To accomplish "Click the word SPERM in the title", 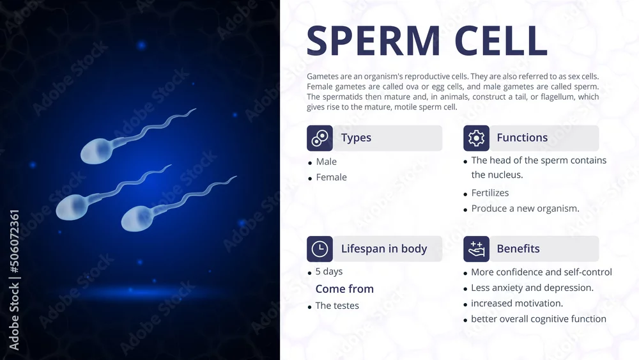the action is point(373,40).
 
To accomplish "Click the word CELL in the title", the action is point(501,40).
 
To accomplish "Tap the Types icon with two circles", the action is point(320,138).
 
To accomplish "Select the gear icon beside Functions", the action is point(476,138).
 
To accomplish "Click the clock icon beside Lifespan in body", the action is point(320,249).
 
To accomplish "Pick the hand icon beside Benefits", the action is point(476,249).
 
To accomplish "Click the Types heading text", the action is point(356,138).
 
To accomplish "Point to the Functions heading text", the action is point(522,138).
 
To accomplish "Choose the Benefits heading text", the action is point(518,249).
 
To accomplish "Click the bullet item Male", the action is point(327,162).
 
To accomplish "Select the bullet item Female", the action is point(331,177).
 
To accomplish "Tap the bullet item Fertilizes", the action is point(490,193).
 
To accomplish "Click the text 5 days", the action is point(329,272).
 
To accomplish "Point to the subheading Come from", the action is point(344,289).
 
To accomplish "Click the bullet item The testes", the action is point(337,306).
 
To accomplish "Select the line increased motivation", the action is point(517,303).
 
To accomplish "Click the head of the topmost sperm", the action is point(96,151).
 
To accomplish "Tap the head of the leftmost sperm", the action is point(72,207).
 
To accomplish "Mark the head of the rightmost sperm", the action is point(137,219).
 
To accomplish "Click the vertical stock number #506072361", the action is point(14,241).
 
